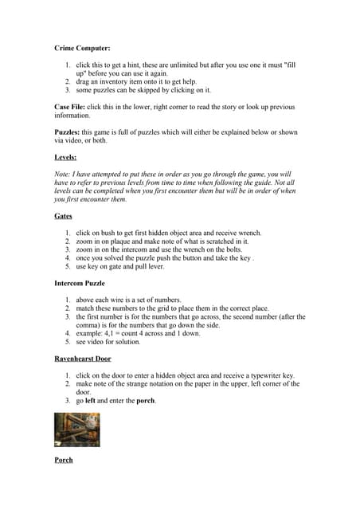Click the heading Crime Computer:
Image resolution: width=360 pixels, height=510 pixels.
pos(82,49)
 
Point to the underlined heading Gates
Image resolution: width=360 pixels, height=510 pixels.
pos(63,216)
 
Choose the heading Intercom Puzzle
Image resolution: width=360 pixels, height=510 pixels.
pos(80,283)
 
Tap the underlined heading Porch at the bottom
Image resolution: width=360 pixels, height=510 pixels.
pos(64,460)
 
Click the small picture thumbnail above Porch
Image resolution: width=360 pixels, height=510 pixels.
pos(76,429)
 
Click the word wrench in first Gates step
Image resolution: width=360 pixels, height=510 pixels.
pos(248,233)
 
